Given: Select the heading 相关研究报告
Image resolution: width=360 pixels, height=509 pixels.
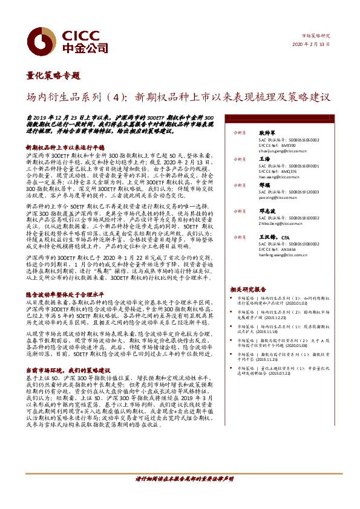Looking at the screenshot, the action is (248, 290).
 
